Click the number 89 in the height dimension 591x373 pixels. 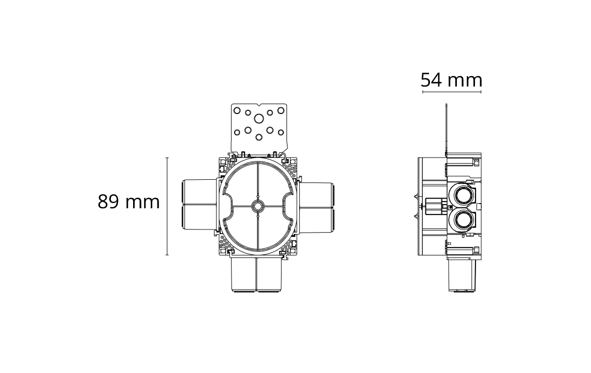pyautogui.click(x=109, y=202)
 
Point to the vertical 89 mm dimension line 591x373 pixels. pyautogui.click(x=167, y=206)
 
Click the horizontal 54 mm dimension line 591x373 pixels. pyautogui.click(x=452, y=92)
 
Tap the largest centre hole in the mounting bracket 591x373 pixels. pyautogui.click(x=259, y=119)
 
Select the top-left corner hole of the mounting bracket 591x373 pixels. pyautogui.click(x=237, y=110)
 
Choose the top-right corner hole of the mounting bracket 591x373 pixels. pyautogui.click(x=281, y=110)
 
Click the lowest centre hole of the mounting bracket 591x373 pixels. pyautogui.click(x=259, y=137)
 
